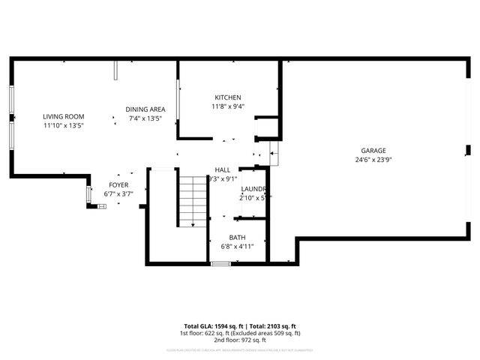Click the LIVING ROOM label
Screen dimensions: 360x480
tap(63, 117)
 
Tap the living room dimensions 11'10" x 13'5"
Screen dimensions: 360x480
tap(63, 126)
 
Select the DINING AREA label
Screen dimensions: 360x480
tap(145, 109)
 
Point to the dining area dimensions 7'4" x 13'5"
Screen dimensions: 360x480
tap(145, 118)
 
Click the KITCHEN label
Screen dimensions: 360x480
tap(228, 98)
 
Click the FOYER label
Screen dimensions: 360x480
tap(118, 184)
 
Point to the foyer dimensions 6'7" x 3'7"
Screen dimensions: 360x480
tap(118, 193)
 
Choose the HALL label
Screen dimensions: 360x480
tap(223, 170)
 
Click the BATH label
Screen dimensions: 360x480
tap(237, 237)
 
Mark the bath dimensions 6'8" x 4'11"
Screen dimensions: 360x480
tap(237, 246)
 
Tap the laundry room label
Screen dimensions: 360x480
tap(253, 189)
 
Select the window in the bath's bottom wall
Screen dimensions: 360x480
tap(220, 263)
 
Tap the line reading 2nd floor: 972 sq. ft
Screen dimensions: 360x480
tap(239, 339)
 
